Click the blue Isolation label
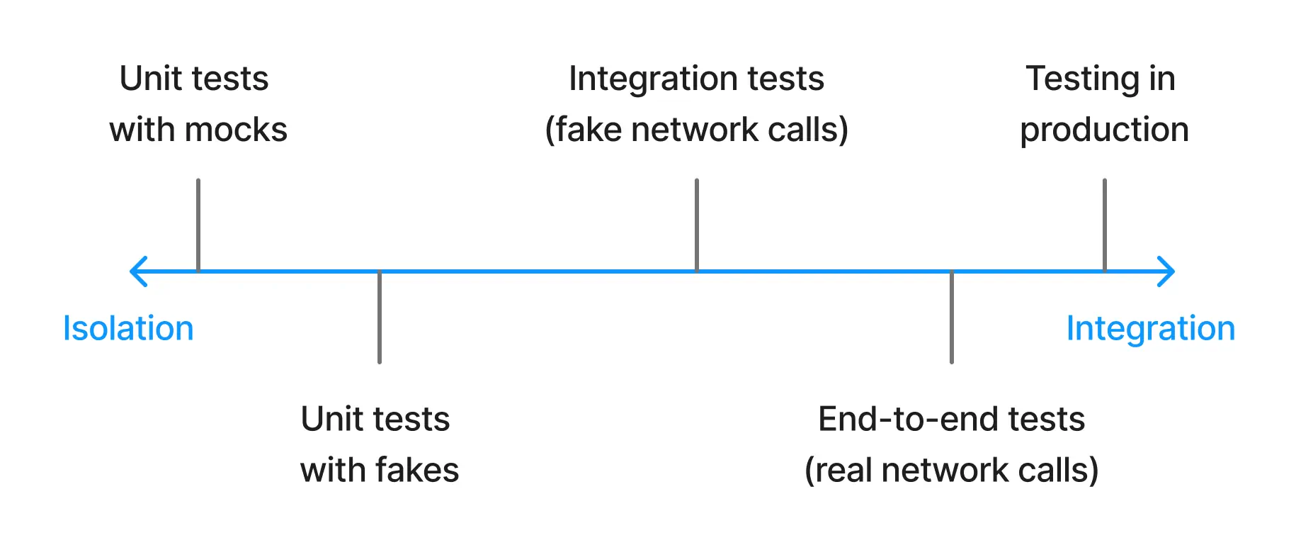128,329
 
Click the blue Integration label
1150,329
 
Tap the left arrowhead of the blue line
138,271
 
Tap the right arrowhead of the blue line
1166,271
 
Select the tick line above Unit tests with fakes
380,318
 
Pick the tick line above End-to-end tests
951,318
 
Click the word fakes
417,471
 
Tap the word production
1104,130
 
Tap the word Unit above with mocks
151,79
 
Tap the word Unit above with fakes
332,420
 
